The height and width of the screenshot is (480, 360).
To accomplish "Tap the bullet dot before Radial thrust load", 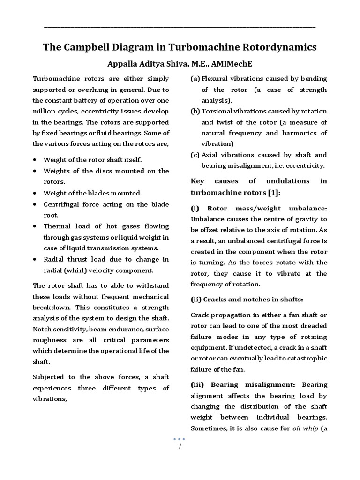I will tap(35, 259).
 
